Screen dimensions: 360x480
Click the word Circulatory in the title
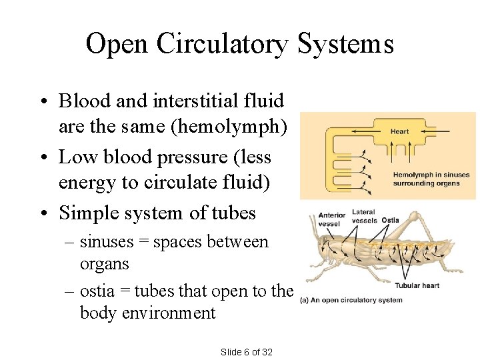click(223, 45)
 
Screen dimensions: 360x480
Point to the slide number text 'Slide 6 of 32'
click(247, 352)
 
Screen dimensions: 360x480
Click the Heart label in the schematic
click(399, 131)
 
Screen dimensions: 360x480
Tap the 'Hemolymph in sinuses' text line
click(427, 175)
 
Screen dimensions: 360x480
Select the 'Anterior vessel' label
click(331, 219)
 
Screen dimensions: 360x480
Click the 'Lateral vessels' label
click(364, 216)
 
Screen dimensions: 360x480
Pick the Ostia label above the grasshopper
click(390, 220)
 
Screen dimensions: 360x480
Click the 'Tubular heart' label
click(417, 285)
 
